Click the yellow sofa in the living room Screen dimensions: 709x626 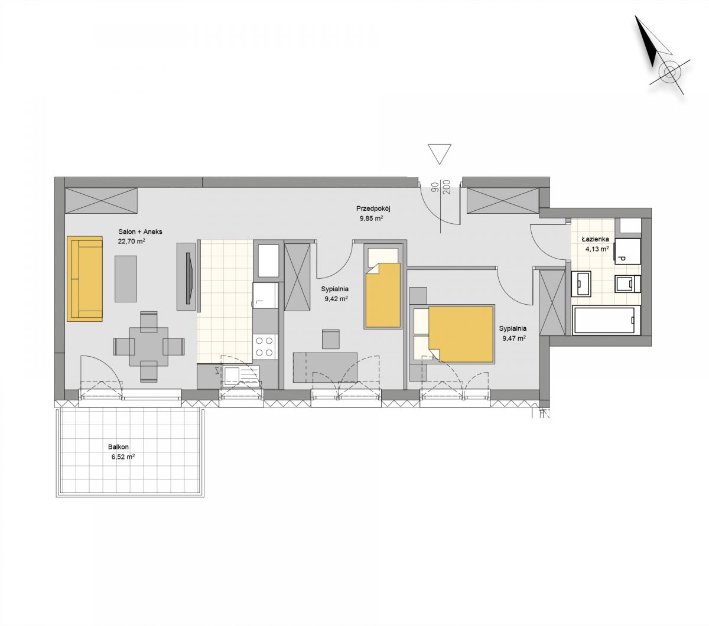[84, 279]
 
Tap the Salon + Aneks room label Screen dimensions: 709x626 [140, 232]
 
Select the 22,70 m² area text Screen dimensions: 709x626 [131, 241]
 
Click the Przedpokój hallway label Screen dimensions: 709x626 [373, 209]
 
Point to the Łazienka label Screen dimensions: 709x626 [596, 239]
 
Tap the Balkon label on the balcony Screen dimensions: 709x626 [118, 447]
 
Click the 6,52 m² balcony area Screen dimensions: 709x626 [123, 457]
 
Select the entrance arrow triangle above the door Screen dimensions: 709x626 [440, 154]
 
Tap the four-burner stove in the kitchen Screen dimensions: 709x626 [264, 346]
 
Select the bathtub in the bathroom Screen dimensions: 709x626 [606, 320]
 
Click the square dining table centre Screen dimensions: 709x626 [149, 347]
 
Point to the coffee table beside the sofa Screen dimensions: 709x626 [126, 279]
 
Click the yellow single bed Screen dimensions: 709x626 [383, 295]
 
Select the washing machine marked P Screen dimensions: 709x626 [627, 251]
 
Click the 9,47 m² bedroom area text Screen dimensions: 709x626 [513, 338]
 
